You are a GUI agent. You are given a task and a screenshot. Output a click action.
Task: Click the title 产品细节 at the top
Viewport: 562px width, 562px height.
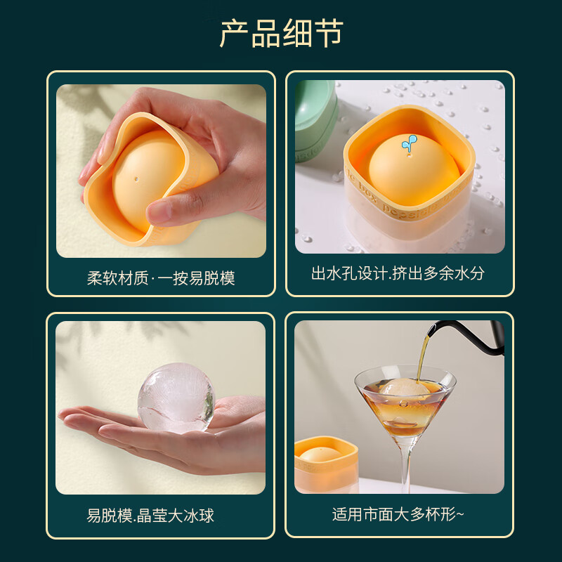point(281,33)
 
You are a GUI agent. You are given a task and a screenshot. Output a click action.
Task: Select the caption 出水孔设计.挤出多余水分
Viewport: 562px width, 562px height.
point(398,273)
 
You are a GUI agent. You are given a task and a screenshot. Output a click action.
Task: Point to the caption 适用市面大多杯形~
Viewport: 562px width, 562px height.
point(398,514)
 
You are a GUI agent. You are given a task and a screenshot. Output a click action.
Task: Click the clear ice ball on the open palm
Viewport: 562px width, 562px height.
point(176,398)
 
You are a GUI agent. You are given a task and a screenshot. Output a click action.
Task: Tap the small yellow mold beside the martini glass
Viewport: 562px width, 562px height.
point(325,464)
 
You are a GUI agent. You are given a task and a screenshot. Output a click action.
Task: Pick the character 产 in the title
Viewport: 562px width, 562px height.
point(235,33)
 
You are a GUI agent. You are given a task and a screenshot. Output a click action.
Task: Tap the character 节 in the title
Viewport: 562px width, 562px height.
point(327,33)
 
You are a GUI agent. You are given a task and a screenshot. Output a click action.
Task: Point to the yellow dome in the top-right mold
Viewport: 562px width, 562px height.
point(404,165)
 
